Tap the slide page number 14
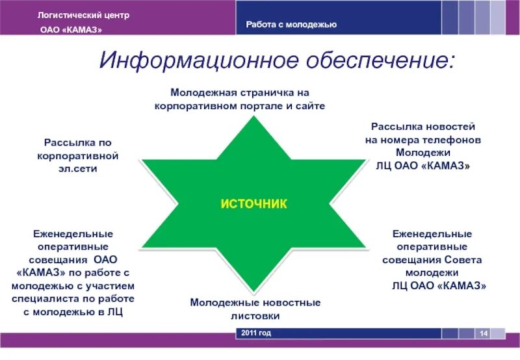pos(484,333)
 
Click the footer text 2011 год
pos(256,333)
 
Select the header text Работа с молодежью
pos(291,25)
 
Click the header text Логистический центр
pos(78,14)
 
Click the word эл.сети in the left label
pos(81,168)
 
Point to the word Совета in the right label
pos(462,259)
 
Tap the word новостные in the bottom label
pos(289,303)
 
